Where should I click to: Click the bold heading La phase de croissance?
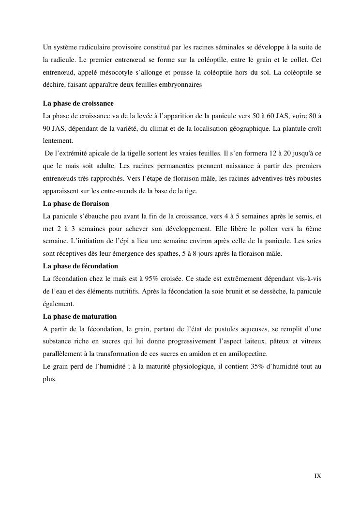point(78,104)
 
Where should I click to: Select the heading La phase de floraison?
point(76,203)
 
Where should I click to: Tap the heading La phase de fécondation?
point(80,266)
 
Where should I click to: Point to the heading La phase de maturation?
point(80,316)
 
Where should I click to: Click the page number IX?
point(318,476)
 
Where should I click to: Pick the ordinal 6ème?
point(313,229)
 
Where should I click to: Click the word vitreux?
point(311,341)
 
